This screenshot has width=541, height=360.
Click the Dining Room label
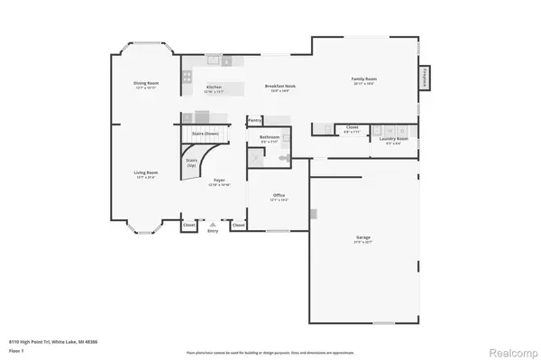(146, 84)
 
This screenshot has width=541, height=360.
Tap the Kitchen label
(213, 88)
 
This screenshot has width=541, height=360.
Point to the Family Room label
(364, 79)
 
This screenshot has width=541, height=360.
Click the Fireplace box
(424, 78)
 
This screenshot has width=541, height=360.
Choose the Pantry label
(255, 120)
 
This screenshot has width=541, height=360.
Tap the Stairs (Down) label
(206, 134)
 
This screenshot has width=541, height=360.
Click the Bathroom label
(270, 138)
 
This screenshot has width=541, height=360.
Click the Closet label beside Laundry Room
(353, 127)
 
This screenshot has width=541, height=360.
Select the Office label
(279, 196)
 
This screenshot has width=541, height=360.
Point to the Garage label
(362, 238)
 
